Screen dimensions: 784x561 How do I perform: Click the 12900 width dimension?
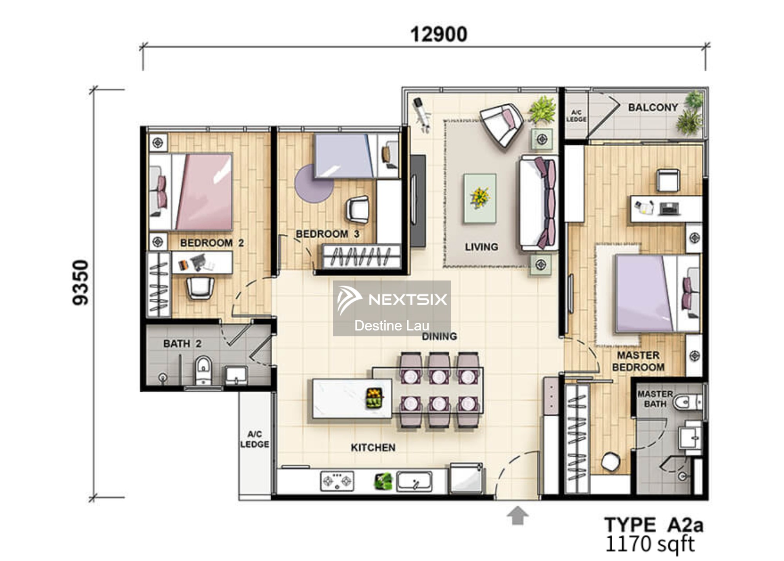coord(439,34)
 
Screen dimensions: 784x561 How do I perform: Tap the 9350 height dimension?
coord(81,282)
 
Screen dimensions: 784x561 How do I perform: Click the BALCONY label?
coord(653,107)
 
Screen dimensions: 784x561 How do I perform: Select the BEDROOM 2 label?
coord(212,243)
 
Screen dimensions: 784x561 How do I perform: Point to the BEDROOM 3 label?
coord(327,234)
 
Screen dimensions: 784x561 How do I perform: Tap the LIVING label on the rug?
coord(481,247)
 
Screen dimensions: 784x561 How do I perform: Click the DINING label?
coord(439,336)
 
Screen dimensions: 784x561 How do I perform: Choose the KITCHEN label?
coord(373,448)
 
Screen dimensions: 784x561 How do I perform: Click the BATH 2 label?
coord(182,344)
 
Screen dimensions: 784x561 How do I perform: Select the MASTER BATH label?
coord(655,399)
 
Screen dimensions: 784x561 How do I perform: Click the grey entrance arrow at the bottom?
coord(517,515)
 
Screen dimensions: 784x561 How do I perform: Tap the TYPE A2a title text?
coord(654,525)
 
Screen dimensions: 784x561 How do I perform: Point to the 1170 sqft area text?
coord(650,544)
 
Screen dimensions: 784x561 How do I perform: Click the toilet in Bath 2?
coord(203,370)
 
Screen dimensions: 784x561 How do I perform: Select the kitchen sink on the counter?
coord(414,481)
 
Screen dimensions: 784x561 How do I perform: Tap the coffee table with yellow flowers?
coord(480,198)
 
